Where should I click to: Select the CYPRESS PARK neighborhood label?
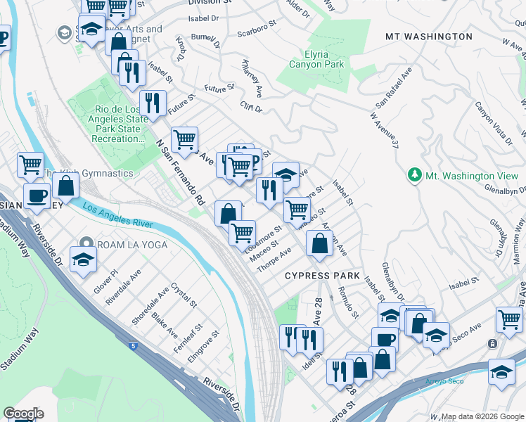point(322,276)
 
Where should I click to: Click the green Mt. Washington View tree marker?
point(415,175)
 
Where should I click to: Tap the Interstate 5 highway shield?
point(133,346)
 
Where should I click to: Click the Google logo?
point(23,413)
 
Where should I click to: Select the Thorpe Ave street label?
point(274,261)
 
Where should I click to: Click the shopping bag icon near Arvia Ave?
point(319,243)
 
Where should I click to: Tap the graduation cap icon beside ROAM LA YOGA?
point(84,259)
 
